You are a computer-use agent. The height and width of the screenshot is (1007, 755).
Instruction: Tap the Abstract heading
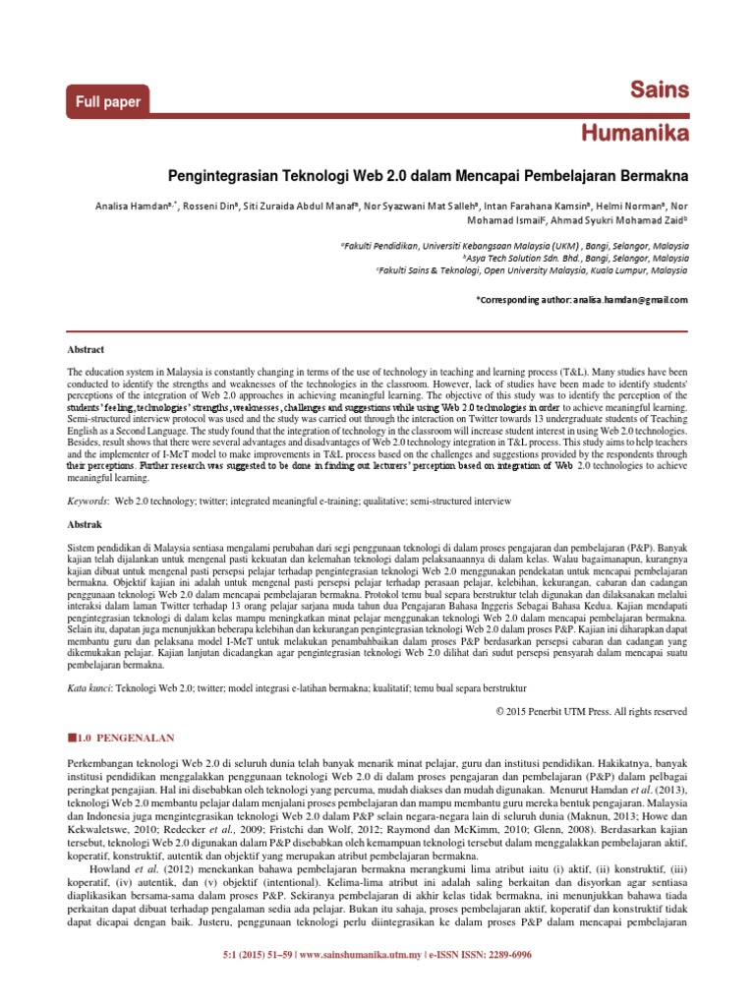85,349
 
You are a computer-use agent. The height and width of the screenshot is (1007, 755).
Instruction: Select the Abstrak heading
84,525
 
